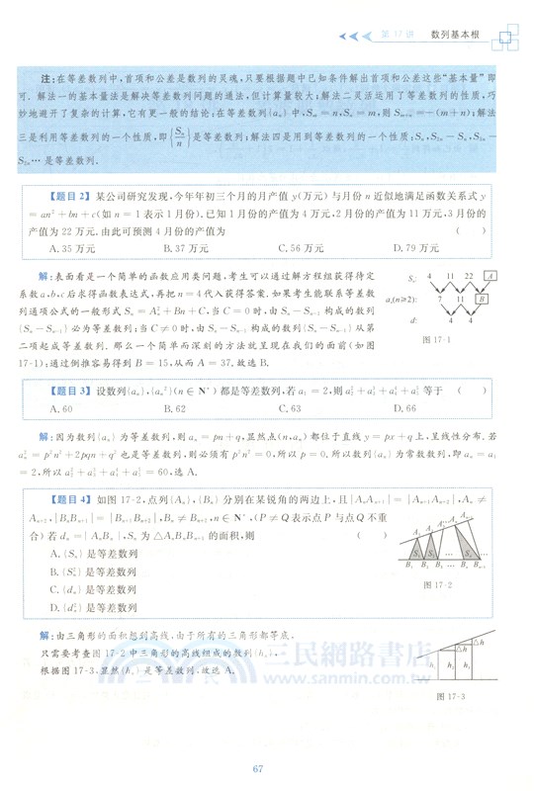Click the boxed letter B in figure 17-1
click(x=481, y=296)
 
